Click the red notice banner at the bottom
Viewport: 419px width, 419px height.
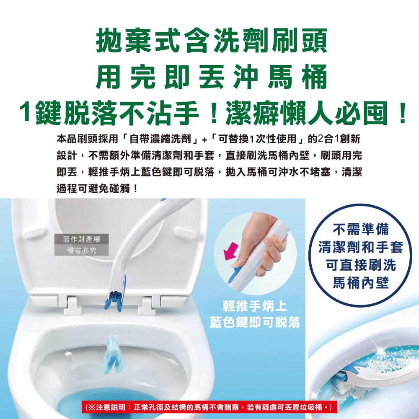pyautogui.click(x=209, y=407)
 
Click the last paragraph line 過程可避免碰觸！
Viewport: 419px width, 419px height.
pyautogui.click(x=97, y=188)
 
